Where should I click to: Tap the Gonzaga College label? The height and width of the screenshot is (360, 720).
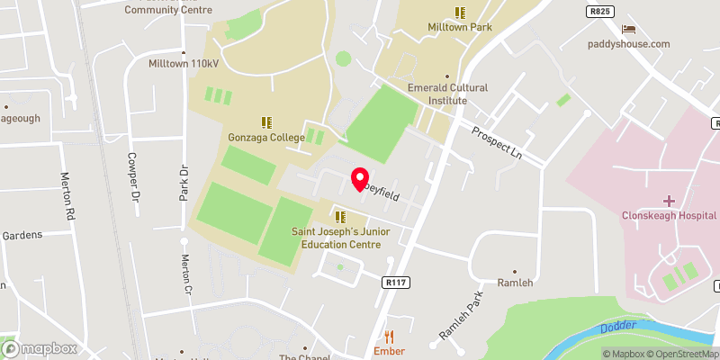point(266,138)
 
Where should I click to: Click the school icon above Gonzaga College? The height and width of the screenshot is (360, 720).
point(266,121)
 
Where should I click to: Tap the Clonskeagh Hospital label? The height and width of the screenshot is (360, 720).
point(669,215)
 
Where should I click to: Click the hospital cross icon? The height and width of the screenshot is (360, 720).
point(669,200)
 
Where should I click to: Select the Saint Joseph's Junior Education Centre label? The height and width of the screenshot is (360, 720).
point(341,238)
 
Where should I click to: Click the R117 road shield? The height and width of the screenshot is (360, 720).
point(391,282)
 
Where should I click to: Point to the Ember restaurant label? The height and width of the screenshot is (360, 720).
point(389,351)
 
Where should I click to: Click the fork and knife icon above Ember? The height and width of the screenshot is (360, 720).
point(389,337)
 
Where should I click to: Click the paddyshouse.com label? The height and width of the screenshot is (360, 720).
point(629,44)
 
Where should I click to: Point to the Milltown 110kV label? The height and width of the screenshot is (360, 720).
point(184,63)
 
